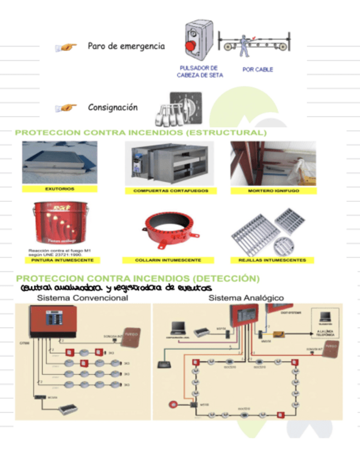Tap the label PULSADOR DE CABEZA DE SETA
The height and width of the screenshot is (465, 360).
click(199, 72)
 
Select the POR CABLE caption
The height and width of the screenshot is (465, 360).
click(257, 70)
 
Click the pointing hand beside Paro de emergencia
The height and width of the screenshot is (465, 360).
click(66, 48)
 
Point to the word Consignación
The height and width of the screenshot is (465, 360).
click(113, 107)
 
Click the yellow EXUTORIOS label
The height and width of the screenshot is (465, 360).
click(60, 189)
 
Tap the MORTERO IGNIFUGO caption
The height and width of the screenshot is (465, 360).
click(273, 191)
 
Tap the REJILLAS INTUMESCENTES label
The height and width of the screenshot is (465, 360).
click(273, 260)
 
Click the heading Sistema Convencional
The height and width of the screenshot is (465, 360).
click(82, 298)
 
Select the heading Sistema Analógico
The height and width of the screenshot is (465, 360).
click(246, 298)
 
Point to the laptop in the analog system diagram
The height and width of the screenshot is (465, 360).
click(179, 328)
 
